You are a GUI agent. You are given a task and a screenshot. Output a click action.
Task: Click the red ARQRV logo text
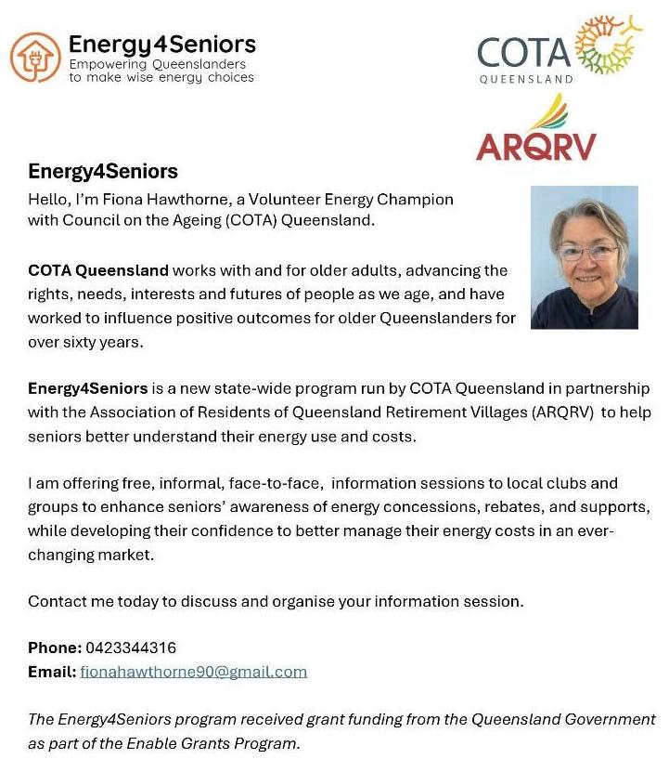pos(535,146)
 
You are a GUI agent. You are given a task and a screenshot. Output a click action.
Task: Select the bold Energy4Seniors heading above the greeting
pos(103,172)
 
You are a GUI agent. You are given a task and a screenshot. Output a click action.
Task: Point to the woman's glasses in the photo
pos(584,252)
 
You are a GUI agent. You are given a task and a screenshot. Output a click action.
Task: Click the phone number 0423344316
pos(131,648)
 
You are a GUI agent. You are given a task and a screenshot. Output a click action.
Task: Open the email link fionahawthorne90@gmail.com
pos(193,671)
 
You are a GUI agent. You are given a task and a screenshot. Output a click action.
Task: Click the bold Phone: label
pos(55,648)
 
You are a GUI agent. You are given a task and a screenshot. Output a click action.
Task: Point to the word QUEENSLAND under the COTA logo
pos(525,80)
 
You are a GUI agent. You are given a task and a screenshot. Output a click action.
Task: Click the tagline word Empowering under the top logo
pos(108,65)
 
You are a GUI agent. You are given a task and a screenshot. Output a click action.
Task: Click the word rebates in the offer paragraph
pos(487,507)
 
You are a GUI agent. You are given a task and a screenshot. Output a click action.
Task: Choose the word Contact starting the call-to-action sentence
pos(56,601)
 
